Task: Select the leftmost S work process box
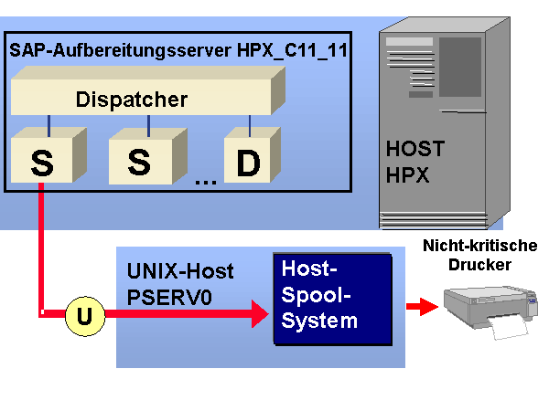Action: pyautogui.click(x=43, y=161)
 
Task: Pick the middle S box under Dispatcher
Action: pyautogui.click(x=139, y=161)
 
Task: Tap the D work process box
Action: pyautogui.click(x=248, y=162)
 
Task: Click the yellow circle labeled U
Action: pyautogui.click(x=84, y=317)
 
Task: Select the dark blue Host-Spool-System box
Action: pyautogui.click(x=330, y=297)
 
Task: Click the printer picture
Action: pyautogui.click(x=487, y=308)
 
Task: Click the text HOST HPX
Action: pyautogui.click(x=414, y=160)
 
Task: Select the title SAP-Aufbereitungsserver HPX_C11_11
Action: pyautogui.click(x=178, y=49)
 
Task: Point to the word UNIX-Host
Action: pyautogui.click(x=179, y=271)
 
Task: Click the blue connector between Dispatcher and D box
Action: pyautogui.click(x=249, y=123)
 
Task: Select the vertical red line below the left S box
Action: pyautogui.click(x=41, y=247)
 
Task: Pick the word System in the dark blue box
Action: pyautogui.click(x=320, y=321)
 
